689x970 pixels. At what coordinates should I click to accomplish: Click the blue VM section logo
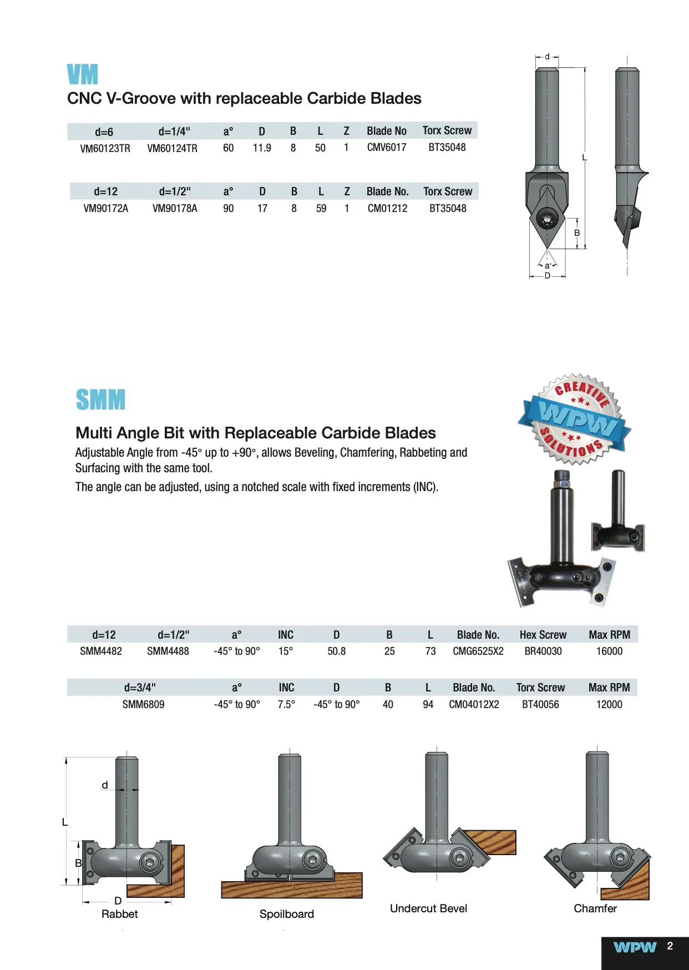(82, 74)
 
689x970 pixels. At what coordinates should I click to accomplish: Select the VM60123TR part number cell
(105, 148)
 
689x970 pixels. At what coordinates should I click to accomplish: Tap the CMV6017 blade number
(387, 148)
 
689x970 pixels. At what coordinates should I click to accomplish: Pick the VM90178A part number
(175, 209)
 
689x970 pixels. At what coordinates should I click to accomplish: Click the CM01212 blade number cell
(387, 209)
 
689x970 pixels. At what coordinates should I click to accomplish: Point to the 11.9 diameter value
(262, 148)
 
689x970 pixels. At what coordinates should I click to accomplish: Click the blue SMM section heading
(100, 400)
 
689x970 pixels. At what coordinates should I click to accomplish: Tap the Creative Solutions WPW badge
(575, 419)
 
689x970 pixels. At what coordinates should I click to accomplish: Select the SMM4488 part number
(168, 651)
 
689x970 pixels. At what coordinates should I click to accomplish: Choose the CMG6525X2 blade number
(478, 651)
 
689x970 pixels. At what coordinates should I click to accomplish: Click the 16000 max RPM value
(609, 651)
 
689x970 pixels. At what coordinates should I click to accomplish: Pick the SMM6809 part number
(143, 705)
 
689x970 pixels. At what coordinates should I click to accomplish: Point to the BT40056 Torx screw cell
(540, 705)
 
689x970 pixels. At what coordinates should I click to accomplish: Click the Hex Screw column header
(543, 635)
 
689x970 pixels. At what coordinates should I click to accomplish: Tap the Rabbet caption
(119, 914)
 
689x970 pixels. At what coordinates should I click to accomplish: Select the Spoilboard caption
(286, 914)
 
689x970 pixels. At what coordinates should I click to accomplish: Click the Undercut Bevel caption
(428, 908)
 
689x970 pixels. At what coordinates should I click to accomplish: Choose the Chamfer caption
(595, 908)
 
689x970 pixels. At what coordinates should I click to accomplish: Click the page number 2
(670, 946)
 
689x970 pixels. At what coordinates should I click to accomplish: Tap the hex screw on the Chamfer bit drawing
(620, 858)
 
